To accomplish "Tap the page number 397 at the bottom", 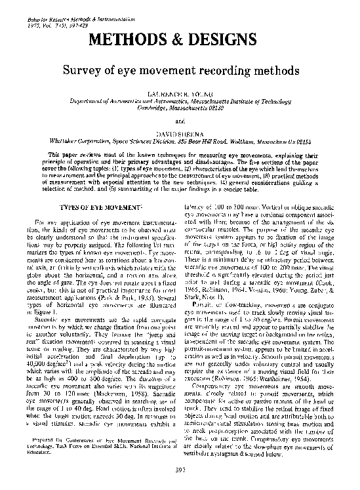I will tap(180, 470).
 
